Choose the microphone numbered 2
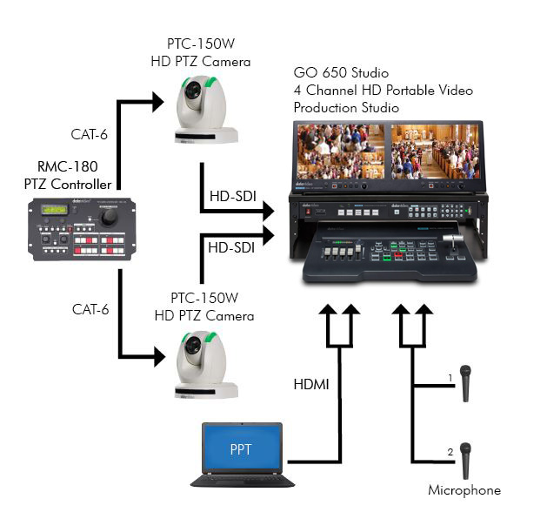pyautogui.click(x=466, y=458)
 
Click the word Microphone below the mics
pyautogui.click(x=464, y=490)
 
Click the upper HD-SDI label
pyautogui.click(x=230, y=197)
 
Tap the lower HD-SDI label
pyautogui.click(x=230, y=247)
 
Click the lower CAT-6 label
pyautogui.click(x=90, y=308)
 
